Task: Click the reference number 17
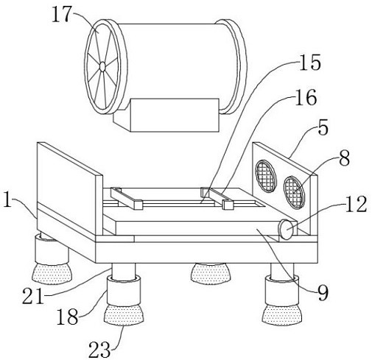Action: [61, 15]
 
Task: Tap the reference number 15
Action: [310, 62]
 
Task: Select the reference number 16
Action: [306, 97]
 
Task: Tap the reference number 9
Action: [323, 292]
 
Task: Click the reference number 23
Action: [99, 350]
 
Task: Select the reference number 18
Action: [67, 316]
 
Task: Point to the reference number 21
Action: [33, 295]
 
